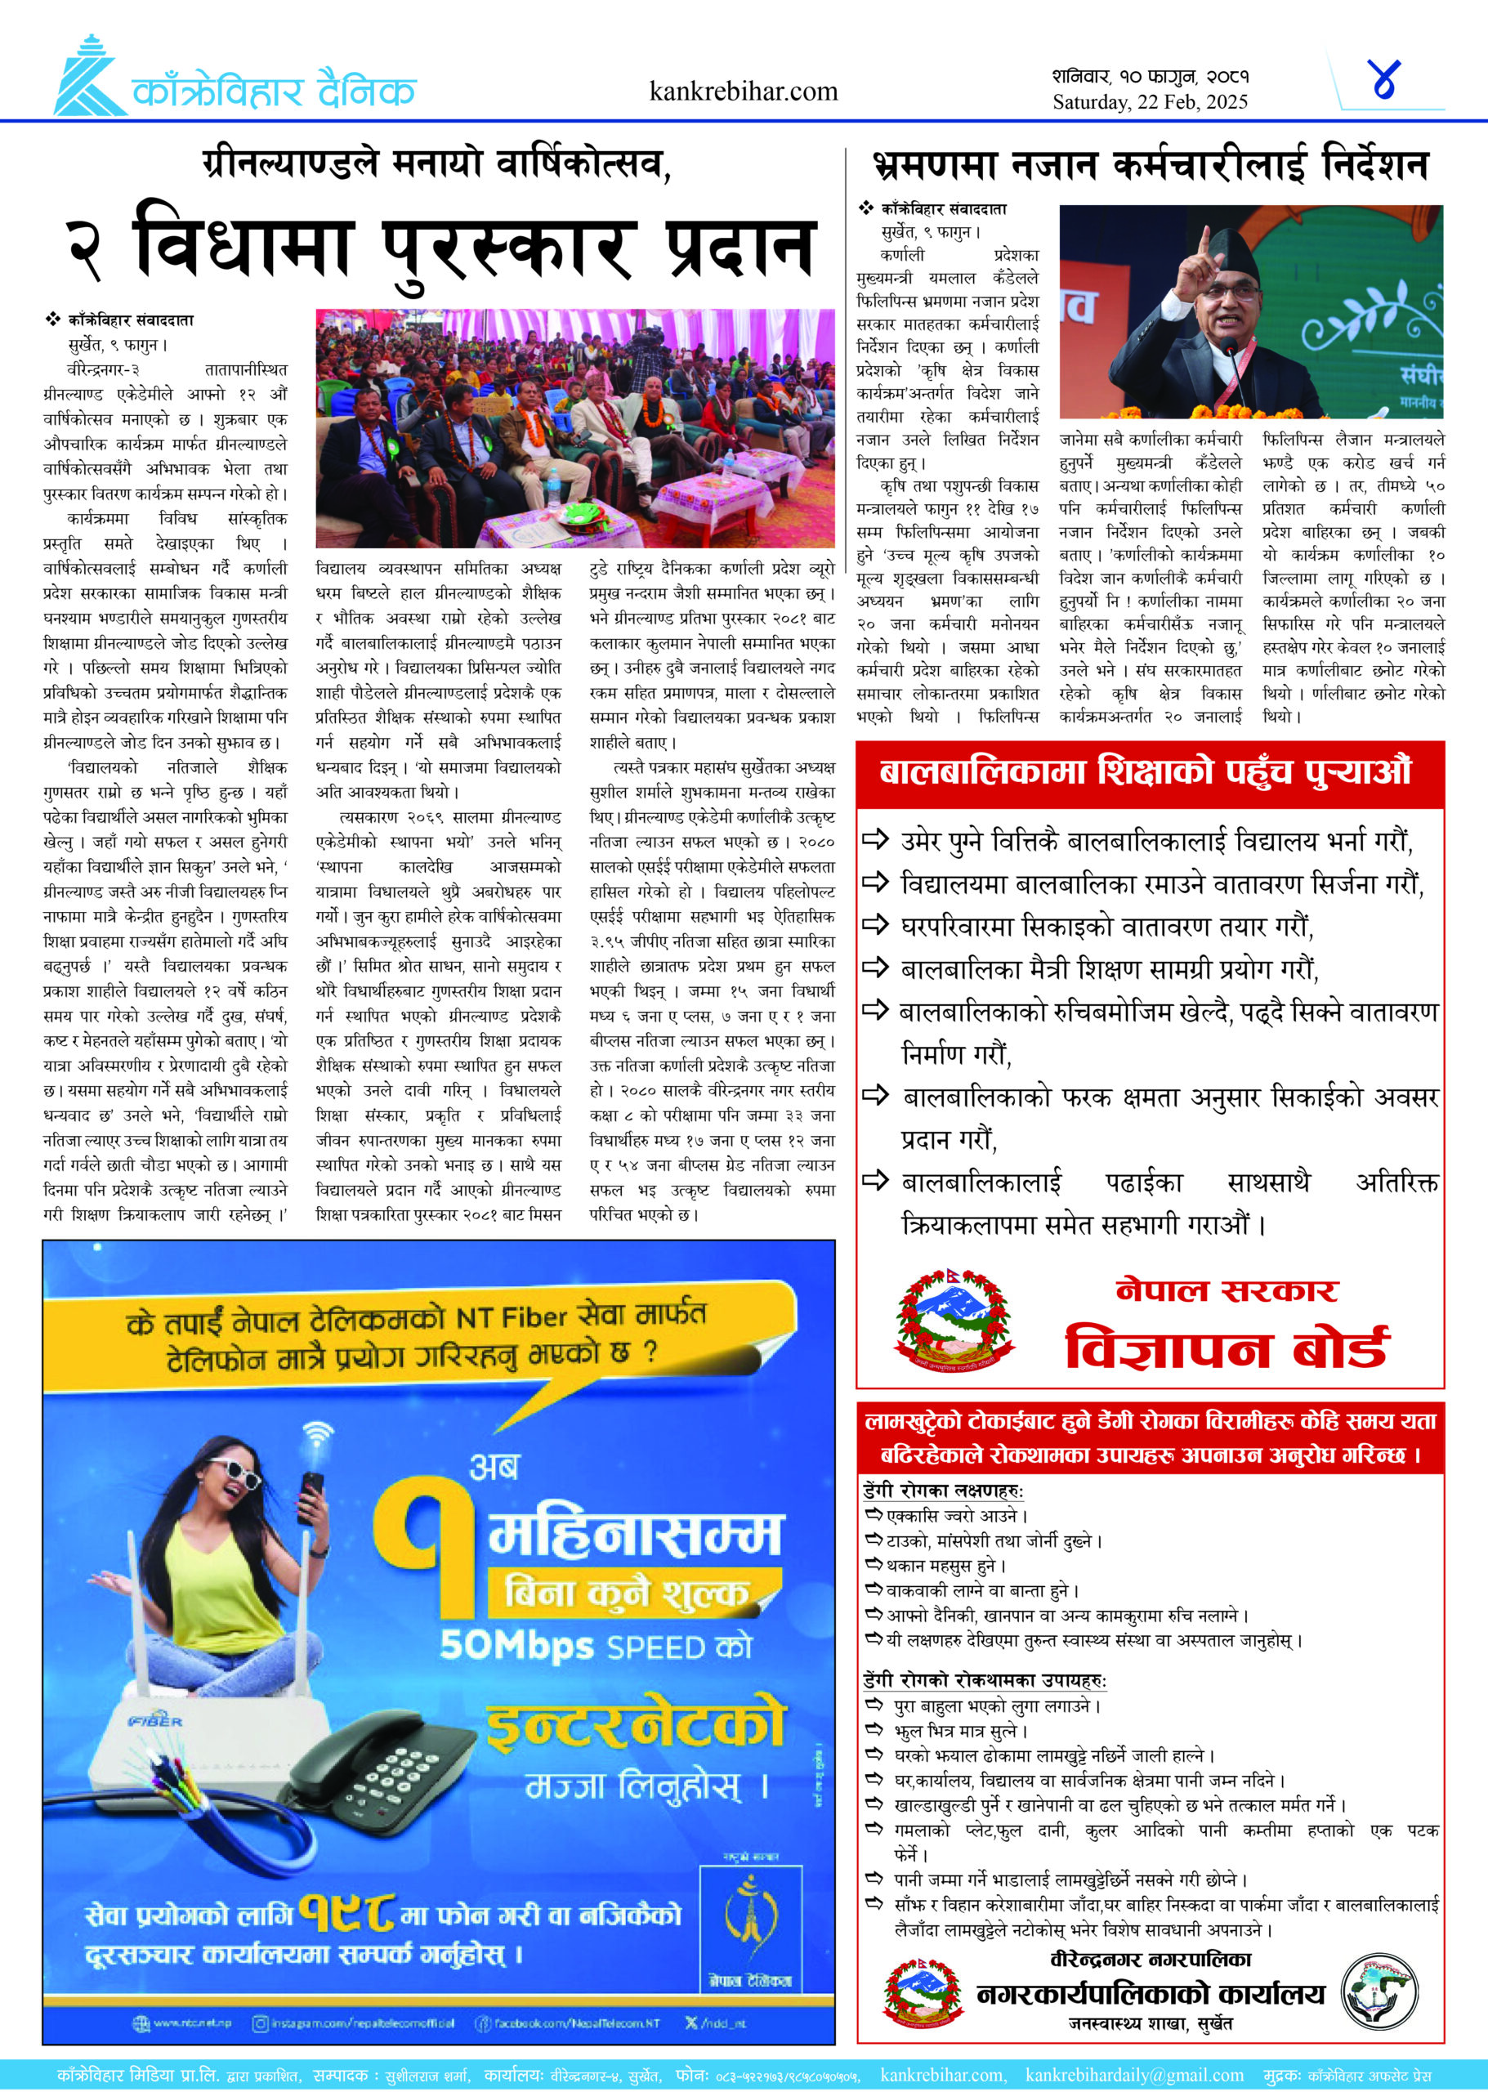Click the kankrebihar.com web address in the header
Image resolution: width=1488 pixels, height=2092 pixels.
click(x=743, y=92)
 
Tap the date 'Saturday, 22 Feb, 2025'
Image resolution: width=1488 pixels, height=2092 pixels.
click(x=1149, y=103)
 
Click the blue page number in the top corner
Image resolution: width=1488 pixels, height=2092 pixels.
click(x=1383, y=80)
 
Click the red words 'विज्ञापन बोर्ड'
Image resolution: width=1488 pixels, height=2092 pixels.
click(x=1226, y=1349)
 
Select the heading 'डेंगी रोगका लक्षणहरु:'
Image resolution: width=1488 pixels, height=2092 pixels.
click(x=943, y=1491)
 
